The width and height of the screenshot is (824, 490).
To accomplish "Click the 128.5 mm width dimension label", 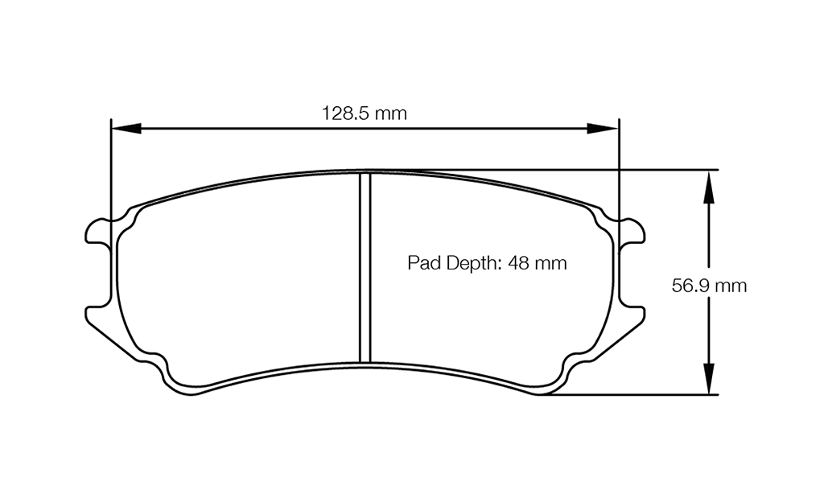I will [365, 113].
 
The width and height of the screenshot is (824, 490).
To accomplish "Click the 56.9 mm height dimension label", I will [709, 286].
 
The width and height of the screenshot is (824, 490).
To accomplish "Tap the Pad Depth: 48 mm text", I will [487, 262].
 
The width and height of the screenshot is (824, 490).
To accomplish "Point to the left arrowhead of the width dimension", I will [126, 128].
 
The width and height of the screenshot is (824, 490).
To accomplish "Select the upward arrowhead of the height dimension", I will [707, 185].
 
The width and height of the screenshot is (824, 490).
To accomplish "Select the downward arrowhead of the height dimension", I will [707, 379].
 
